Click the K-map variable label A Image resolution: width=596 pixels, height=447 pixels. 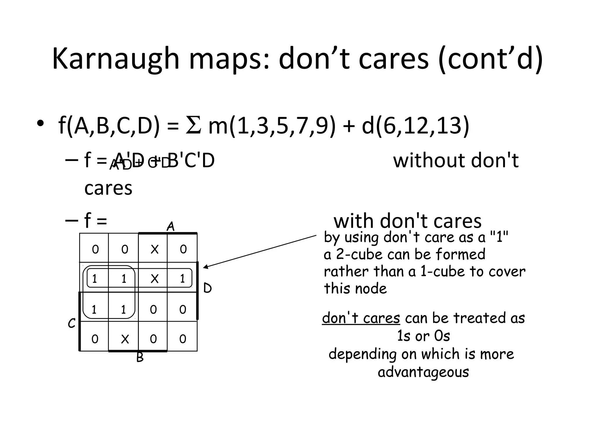[x=171, y=227]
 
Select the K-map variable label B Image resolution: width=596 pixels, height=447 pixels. [x=140, y=358]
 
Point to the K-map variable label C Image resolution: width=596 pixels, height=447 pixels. [x=71, y=323]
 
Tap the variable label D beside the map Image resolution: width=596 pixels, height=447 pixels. [x=207, y=288]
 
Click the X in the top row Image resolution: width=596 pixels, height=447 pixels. [x=155, y=249]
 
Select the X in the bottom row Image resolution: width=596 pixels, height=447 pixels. [x=125, y=339]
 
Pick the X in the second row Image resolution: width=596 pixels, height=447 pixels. [x=155, y=279]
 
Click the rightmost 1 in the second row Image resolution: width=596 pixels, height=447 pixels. [x=182, y=279]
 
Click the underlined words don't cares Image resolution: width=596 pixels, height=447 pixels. [x=361, y=318]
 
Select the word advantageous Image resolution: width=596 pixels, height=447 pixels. [x=423, y=372]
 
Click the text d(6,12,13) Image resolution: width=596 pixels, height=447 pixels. [x=416, y=126]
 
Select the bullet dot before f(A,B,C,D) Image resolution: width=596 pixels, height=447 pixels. [x=40, y=124]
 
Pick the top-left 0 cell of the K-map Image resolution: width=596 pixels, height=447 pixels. [x=95, y=249]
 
